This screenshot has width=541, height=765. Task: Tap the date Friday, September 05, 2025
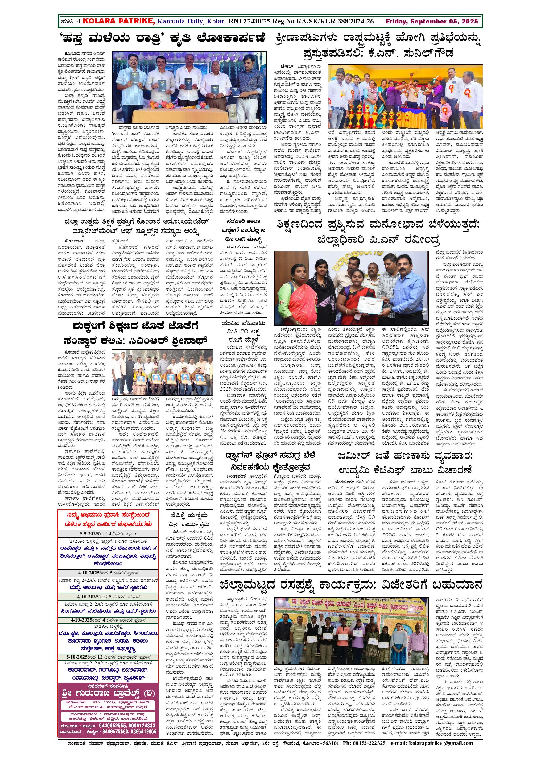coord(432,22)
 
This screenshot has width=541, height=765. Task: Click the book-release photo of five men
coord(189,87)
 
